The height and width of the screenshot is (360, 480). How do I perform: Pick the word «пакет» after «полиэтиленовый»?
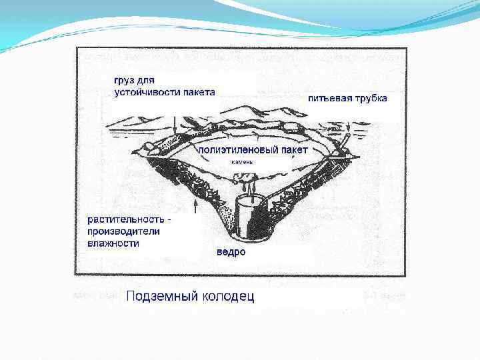pos(294,151)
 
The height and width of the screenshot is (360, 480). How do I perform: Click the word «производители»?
pos(123,231)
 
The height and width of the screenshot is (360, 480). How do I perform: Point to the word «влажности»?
pos(114,243)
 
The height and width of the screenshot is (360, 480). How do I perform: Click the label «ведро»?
pos(231,252)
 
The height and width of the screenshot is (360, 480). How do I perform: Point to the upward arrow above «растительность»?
pos(194,204)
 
